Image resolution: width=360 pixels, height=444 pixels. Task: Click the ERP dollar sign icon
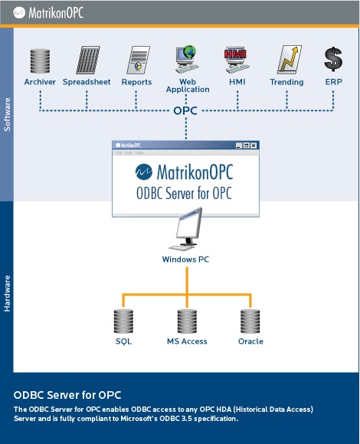pyautogui.click(x=333, y=60)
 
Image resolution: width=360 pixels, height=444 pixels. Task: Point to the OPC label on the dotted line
pyautogui.click(x=185, y=111)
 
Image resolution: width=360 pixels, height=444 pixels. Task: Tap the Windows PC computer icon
pyautogui.click(x=187, y=230)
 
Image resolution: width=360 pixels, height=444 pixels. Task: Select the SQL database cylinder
pyautogui.click(x=123, y=320)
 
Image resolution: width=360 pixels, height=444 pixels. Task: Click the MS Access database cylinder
pyautogui.click(x=187, y=320)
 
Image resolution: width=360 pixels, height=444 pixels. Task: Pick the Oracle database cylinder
pyautogui.click(x=250, y=320)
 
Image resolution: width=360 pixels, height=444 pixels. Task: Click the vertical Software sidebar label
pyautogui.click(x=7, y=113)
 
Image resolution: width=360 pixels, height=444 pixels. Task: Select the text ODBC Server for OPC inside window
pyautogui.click(x=184, y=193)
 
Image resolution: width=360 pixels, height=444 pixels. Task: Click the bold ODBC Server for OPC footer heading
pyautogui.click(x=67, y=395)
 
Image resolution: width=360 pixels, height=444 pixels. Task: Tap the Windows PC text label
pyautogui.click(x=185, y=260)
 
